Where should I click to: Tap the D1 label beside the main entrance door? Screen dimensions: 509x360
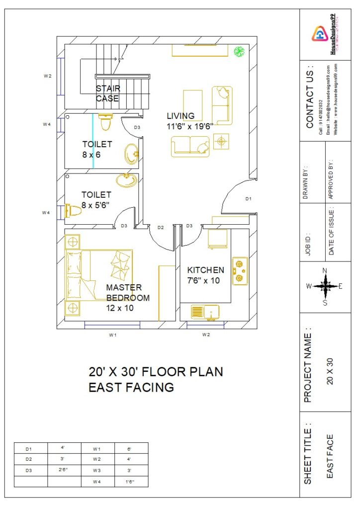249,199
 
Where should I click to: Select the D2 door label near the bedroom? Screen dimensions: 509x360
161,227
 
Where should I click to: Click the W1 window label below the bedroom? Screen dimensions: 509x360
113,335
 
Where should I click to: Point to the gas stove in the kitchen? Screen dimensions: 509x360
240,270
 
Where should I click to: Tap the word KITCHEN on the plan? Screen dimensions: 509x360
205,270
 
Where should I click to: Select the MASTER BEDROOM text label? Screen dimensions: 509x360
128,293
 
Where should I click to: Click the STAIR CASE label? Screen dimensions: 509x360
108,93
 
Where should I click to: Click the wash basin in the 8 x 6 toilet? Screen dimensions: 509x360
131,153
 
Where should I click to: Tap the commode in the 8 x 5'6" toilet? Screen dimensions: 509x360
73,211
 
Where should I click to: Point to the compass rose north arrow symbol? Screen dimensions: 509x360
325,286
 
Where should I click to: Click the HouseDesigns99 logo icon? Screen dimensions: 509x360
319,34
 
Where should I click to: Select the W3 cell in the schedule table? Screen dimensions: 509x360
97,470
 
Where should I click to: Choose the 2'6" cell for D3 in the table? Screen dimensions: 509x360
64,470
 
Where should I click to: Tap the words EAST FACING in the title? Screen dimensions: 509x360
131,387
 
